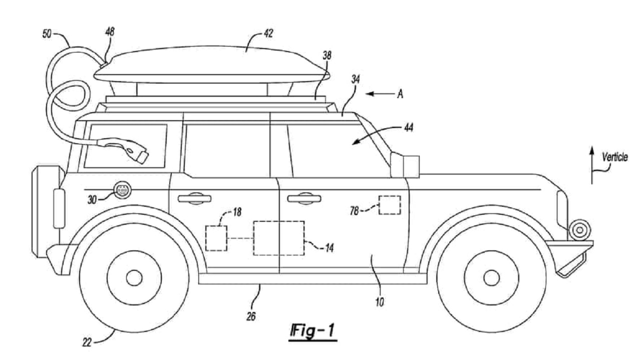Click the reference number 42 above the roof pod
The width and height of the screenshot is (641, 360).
[x=268, y=34]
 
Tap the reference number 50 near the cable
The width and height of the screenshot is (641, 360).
[x=47, y=34]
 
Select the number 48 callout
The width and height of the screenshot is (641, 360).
[x=110, y=32]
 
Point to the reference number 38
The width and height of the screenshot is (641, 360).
[x=327, y=55]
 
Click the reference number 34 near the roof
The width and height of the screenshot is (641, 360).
[x=355, y=79]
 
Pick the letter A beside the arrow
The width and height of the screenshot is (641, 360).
[x=400, y=94]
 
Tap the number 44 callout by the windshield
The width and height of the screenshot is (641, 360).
[x=408, y=127]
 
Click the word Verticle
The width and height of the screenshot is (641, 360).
[x=614, y=157]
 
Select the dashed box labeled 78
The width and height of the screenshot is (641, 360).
[x=390, y=205]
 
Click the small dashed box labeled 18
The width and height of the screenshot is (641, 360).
[x=217, y=238]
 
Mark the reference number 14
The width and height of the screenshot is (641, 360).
[x=329, y=248]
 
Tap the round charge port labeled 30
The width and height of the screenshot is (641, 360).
[x=123, y=190]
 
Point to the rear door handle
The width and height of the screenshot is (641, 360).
[x=195, y=198]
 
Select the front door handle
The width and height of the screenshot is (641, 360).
[x=304, y=198]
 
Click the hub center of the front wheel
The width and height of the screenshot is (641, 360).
[x=491, y=278]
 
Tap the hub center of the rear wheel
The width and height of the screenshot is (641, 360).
[x=134, y=278]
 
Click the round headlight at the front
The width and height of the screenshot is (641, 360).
[x=580, y=230]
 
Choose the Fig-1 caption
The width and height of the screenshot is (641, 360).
[x=312, y=331]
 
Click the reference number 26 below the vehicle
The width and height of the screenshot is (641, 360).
[x=251, y=316]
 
